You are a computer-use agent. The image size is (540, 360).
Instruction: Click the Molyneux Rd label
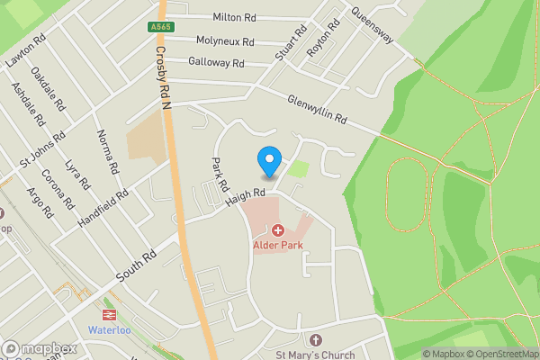pos(225,41)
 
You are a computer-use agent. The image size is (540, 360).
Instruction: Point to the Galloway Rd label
pos(217,63)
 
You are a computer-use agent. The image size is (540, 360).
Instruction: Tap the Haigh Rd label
pos(246,193)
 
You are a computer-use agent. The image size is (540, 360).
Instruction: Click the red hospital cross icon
pos(277,231)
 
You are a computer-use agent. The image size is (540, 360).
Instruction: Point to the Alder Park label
pos(277,246)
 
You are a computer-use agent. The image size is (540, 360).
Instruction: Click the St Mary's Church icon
pos(315,340)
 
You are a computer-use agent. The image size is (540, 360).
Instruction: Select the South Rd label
pos(135,267)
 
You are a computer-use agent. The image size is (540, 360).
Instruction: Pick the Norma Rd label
pos(108,152)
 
